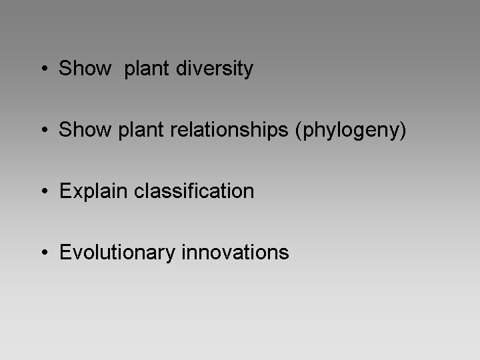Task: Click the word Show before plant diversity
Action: pos(85,68)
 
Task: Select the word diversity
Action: pos(215,69)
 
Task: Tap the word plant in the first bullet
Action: pos(146,69)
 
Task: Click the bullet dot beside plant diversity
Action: pos(45,68)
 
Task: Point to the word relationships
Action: pos(229,131)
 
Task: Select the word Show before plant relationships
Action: pos(85,129)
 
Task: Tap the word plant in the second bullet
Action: pos(141,131)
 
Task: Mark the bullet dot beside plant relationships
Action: pos(45,129)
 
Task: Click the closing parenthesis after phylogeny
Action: pos(403,131)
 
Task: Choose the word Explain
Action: pos(93,192)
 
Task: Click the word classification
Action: pos(194,191)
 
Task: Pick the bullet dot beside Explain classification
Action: pos(45,191)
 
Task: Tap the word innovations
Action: pos(235,252)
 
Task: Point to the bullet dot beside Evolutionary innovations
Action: pos(45,252)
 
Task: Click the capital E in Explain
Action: pos(65,191)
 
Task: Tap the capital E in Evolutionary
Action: pos(65,252)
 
